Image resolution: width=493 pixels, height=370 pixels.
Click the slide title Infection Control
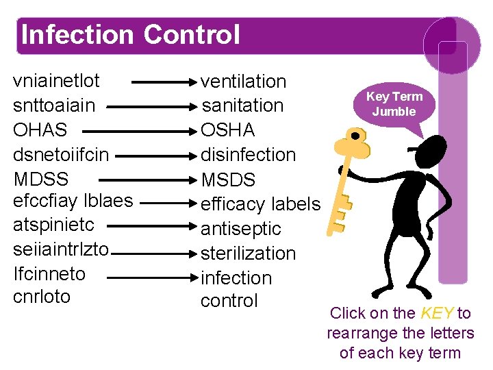(x=131, y=34)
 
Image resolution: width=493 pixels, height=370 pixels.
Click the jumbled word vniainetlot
(x=57, y=81)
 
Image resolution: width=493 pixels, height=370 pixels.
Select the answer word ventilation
(x=243, y=81)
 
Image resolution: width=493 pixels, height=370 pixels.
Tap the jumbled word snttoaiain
(x=54, y=106)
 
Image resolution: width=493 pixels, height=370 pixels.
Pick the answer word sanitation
(x=242, y=106)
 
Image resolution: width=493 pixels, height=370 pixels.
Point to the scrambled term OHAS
(x=40, y=129)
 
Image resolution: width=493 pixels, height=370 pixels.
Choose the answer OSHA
(x=228, y=129)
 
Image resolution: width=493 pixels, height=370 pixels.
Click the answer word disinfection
(x=248, y=155)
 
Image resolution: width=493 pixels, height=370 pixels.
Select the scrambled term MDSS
(x=41, y=180)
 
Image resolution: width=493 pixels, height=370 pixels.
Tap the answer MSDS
(x=228, y=180)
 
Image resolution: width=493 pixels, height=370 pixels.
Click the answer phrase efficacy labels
(x=260, y=204)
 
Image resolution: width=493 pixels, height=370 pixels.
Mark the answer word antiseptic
(x=241, y=228)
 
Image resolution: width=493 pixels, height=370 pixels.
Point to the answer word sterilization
(x=248, y=253)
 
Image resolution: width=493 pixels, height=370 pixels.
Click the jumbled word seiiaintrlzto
(x=61, y=249)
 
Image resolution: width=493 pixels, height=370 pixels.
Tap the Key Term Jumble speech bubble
(x=394, y=104)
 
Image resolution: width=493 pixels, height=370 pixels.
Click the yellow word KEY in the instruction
(x=437, y=313)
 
